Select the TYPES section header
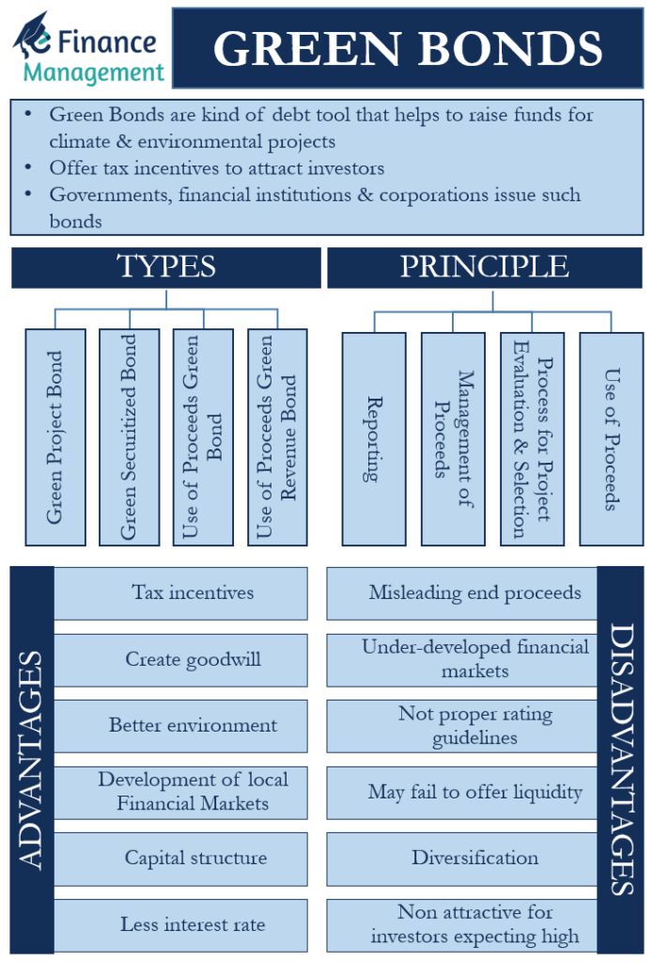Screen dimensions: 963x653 click(x=165, y=267)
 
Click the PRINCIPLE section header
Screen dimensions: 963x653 click(x=484, y=267)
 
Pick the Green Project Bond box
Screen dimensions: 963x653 click(x=55, y=437)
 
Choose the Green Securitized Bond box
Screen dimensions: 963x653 click(x=129, y=437)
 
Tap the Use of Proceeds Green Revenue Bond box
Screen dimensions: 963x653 click(x=277, y=437)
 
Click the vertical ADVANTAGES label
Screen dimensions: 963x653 click(x=31, y=760)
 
